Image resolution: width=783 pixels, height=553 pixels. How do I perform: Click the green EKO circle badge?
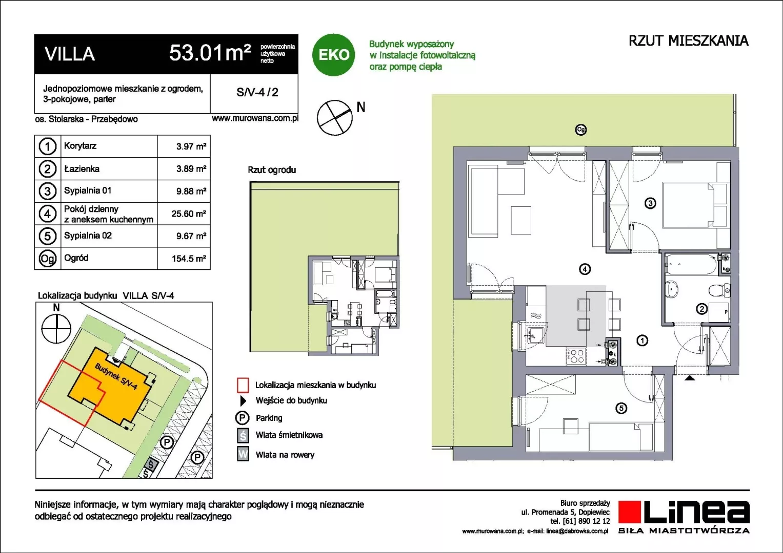pyautogui.click(x=333, y=54)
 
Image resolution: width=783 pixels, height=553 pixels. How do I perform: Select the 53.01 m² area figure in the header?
pyautogui.click(x=210, y=53)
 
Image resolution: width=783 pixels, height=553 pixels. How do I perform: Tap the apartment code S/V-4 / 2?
pyautogui.click(x=257, y=92)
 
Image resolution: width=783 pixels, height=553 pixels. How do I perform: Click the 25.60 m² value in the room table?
pyautogui.click(x=189, y=214)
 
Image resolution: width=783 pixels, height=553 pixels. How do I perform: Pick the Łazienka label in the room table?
pyautogui.click(x=82, y=169)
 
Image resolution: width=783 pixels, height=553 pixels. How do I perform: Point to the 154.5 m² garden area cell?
pyautogui.click(x=189, y=259)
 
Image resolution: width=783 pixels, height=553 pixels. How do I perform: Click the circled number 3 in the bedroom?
pyautogui.click(x=650, y=203)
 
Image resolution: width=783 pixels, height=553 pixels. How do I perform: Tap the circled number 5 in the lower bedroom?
pyautogui.click(x=621, y=408)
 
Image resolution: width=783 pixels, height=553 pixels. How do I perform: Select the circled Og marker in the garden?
pyautogui.click(x=580, y=130)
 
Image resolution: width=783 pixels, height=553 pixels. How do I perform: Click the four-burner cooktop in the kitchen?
pyautogui.click(x=576, y=357)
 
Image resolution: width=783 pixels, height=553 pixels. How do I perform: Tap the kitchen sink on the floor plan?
pyautogui.click(x=535, y=336)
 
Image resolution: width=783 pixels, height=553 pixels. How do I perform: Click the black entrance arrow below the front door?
pyautogui.click(x=690, y=378)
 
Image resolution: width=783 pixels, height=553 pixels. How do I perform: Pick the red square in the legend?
pyautogui.click(x=243, y=386)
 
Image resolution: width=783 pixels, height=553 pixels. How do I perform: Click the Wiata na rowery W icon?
pyautogui.click(x=243, y=455)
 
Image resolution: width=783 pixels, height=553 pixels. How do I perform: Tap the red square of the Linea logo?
pyautogui.click(x=630, y=512)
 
